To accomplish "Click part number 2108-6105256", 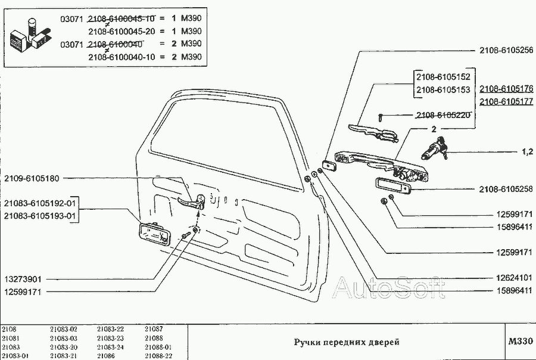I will point(506,51).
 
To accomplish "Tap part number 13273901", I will point(24,279).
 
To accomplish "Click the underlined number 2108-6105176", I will point(506,89).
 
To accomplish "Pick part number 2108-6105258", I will point(506,189).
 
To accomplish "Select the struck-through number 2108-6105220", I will point(443,115).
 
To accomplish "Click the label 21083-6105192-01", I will point(39,203).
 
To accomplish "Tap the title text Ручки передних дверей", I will point(345,342).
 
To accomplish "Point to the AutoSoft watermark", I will point(388,288).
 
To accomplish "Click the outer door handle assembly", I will point(381,165).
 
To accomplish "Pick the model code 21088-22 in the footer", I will point(158,356).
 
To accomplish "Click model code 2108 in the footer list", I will point(9,329).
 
